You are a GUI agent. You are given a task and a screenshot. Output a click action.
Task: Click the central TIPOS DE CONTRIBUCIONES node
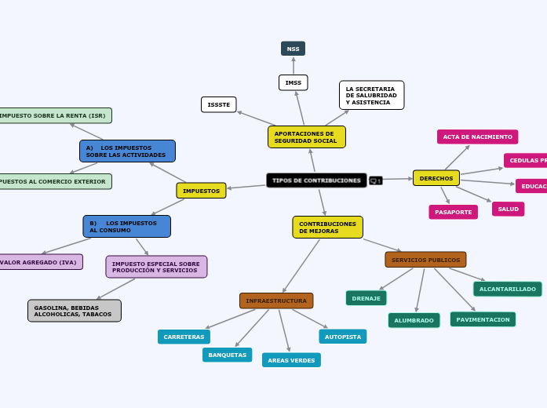point(316,180)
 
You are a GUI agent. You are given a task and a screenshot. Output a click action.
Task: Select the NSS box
point(293,49)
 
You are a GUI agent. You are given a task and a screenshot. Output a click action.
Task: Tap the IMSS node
point(293,82)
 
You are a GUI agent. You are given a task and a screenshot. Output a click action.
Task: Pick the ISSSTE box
point(219,104)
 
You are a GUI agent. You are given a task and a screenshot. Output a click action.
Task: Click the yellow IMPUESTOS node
point(201,191)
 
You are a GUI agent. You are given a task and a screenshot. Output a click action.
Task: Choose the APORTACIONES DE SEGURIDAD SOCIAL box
point(306,137)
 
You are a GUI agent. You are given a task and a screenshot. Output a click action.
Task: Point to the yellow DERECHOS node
point(436,178)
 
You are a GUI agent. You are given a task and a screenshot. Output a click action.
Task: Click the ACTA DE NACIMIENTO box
point(477,137)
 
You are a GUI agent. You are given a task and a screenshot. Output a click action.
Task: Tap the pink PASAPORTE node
point(453,212)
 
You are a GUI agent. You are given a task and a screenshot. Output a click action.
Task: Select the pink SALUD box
point(508,209)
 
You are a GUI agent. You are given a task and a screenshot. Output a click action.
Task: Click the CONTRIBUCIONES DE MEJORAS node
point(327,228)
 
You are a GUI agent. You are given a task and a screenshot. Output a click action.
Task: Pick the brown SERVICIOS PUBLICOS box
point(425,260)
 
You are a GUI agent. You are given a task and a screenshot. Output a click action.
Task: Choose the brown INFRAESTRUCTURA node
point(276,301)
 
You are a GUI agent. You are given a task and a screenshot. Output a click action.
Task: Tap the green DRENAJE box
point(366,298)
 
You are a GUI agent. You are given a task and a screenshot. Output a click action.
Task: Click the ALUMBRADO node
point(414,320)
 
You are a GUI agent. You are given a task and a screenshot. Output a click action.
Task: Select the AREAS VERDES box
point(291,360)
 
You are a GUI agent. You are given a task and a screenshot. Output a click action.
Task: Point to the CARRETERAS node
point(184,337)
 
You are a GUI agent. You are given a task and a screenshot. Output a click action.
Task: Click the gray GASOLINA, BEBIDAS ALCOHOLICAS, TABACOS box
point(74,311)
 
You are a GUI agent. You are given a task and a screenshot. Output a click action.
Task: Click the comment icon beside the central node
point(376,180)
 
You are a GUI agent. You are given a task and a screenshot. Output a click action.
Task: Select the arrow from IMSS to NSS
point(293,66)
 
